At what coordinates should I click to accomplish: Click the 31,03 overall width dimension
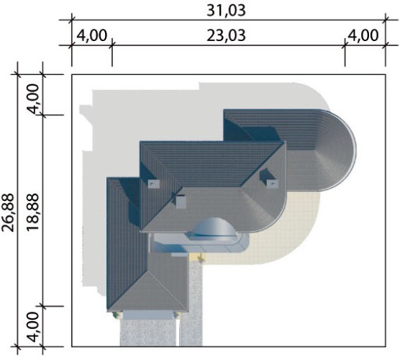(226, 11)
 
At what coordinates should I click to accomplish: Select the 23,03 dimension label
(226, 35)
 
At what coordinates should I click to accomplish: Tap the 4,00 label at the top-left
(91, 35)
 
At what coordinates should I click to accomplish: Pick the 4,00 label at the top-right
(363, 35)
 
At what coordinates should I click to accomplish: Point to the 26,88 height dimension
(8, 212)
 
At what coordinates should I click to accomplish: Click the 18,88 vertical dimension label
(32, 212)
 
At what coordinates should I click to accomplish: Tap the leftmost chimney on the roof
(154, 184)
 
